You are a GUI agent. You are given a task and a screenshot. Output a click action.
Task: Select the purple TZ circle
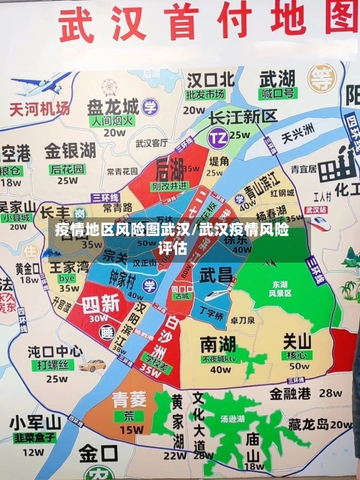coord(217,136)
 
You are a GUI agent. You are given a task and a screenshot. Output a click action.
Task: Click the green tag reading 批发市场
coord(204,94)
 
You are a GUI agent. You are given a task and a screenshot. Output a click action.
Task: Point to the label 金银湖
coord(70,151)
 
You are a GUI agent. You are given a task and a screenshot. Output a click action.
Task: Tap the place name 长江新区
coord(242,117)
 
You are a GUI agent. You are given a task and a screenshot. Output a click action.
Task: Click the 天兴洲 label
coord(297,132)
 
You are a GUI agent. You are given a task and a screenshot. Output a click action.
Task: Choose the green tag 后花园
coord(67,169)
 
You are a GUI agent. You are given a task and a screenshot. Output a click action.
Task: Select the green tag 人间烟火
coord(112,121)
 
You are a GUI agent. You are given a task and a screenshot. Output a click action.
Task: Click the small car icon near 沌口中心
coord(92,366)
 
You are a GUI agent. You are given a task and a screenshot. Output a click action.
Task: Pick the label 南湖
coord(217,343)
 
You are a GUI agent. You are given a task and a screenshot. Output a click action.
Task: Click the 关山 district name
coord(297,341)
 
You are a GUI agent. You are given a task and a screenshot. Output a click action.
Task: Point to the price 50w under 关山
coord(299,367)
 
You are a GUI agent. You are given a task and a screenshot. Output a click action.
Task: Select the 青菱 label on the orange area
coord(130,400)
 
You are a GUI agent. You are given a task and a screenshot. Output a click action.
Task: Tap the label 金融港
coord(289,394)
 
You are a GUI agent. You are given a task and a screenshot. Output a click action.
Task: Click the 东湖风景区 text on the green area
coord(280,289)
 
